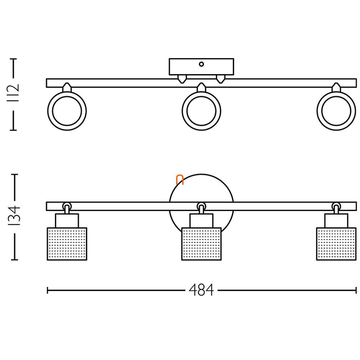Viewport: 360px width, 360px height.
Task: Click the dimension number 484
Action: (x=201, y=290)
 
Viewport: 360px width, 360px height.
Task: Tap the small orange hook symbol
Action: (x=180, y=180)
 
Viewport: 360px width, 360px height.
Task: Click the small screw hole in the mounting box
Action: (x=201, y=64)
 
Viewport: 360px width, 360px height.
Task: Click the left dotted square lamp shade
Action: (x=67, y=244)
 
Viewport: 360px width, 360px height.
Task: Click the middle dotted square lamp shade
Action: (x=201, y=244)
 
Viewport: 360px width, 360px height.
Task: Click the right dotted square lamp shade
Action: (x=336, y=244)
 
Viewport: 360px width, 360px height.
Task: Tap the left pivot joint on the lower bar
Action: (x=67, y=206)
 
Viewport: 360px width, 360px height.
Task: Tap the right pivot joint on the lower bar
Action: (x=336, y=206)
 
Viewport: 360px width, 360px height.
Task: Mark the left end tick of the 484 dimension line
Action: (x=47, y=290)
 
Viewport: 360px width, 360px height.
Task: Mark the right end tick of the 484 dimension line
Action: (x=356, y=290)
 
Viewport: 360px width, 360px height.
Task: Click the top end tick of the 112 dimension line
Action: (x=13, y=59)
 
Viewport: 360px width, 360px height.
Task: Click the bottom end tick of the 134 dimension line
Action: (x=15, y=260)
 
